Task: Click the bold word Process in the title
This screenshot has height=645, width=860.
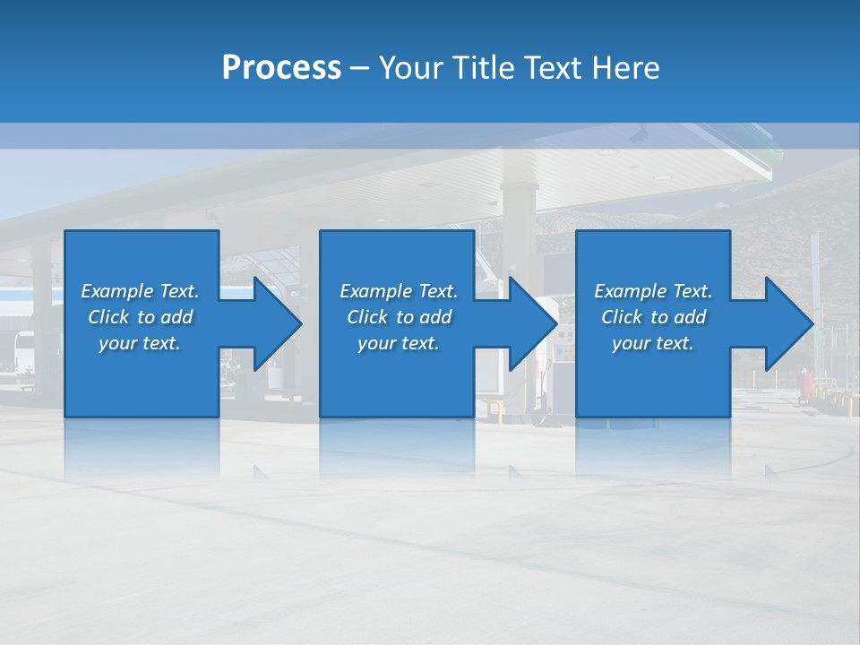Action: pos(281,67)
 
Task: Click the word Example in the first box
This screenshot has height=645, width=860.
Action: pos(117,291)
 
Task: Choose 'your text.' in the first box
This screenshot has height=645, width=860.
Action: pos(140,343)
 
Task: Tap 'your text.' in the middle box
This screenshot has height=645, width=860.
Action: pos(399,343)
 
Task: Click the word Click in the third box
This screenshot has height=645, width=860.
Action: pos(623,317)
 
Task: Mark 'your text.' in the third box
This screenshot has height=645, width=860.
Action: pos(653,343)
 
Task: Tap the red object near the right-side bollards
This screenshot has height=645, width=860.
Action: pos(810,385)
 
